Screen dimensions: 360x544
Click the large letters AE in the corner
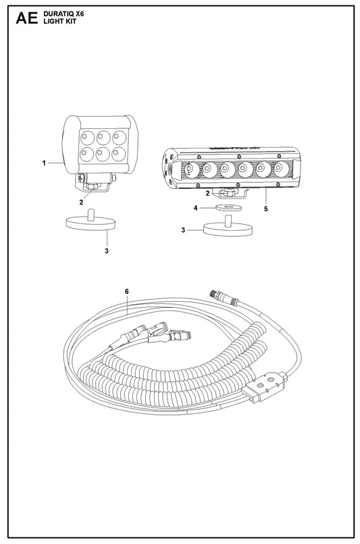[26, 18]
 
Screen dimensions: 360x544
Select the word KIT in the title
[70, 22]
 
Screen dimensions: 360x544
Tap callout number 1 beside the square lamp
[44, 163]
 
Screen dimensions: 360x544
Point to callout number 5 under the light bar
[266, 209]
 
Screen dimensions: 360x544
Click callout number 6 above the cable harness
[127, 291]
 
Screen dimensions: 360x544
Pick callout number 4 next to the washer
[195, 208]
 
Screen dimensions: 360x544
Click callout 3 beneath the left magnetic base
[107, 250]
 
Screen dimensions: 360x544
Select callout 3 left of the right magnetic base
[183, 229]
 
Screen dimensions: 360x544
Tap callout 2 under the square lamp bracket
[81, 202]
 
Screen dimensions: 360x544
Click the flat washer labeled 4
[228, 207]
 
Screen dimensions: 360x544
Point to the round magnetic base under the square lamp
[91, 222]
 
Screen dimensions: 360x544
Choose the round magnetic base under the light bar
[228, 227]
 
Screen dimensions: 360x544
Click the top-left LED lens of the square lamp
[87, 138]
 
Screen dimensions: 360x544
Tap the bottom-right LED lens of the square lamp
[119, 153]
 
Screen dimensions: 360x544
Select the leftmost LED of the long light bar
[190, 169]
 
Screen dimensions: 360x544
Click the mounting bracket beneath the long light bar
[231, 192]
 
